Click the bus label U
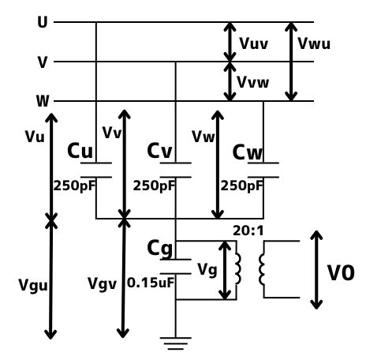point(43,22)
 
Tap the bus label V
point(43,62)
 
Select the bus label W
point(43,101)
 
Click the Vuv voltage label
point(253,43)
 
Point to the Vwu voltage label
point(314,43)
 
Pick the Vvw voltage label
point(253,82)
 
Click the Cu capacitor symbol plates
point(96,170)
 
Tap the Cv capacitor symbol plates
point(176,170)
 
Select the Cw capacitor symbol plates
point(263,170)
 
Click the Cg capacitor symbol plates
point(176,267)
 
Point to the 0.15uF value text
point(151,283)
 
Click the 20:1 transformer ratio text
point(248,231)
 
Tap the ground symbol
point(176,343)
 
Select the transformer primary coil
point(238,268)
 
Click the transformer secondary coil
point(262,269)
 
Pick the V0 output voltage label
point(341,273)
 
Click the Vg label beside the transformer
point(207,270)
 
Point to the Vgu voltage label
point(33,285)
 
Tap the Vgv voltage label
point(102,284)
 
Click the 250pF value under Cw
point(241,186)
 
